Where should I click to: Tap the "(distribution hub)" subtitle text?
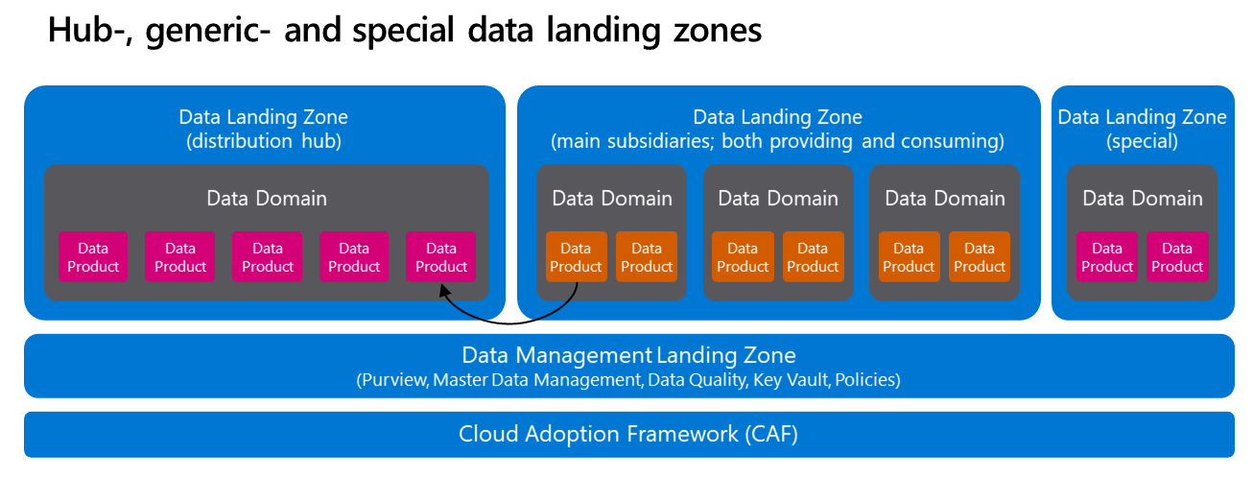point(264,141)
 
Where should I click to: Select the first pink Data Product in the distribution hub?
point(93,257)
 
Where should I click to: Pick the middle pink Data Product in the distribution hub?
point(267,257)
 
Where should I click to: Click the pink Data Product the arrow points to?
point(441,257)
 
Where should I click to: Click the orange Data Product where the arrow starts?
point(577,257)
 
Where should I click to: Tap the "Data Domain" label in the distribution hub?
point(267,199)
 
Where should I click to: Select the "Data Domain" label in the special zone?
point(1142,199)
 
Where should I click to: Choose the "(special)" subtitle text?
point(1142,141)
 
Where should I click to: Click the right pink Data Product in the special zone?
point(1177,257)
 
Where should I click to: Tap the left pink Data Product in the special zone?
point(1107,257)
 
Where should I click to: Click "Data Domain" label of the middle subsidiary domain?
point(778,199)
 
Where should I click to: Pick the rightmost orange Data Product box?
point(980,257)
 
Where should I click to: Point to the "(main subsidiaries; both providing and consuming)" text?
point(777,141)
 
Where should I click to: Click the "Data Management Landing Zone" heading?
point(628,356)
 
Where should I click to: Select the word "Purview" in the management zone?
point(392,380)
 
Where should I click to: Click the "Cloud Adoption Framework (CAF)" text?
point(628,434)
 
